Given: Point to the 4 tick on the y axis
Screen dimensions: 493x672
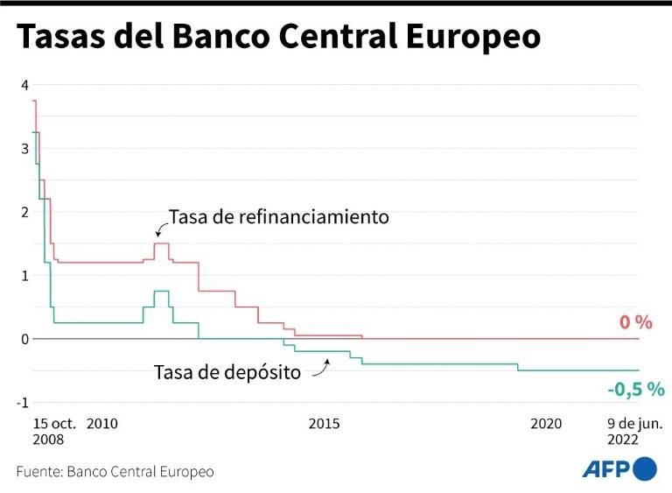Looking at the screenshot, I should coord(25,85).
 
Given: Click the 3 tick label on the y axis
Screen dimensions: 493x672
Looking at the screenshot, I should coord(25,149).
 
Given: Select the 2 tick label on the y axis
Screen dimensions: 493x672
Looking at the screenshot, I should coord(25,212).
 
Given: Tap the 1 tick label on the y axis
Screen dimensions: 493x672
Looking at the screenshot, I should coord(25,276).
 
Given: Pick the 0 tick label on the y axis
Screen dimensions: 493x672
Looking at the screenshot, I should coord(25,339).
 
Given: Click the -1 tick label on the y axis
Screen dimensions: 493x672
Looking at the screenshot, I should coord(23,403).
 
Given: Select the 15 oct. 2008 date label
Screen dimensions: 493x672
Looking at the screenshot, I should coord(55,431).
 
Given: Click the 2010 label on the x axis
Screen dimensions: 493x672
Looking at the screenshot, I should coord(102,424).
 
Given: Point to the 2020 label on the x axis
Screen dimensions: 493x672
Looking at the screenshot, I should coord(546,424).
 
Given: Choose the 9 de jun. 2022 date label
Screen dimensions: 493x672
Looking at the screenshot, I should coord(635,431).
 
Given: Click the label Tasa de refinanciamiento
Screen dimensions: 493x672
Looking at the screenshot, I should coord(278,217).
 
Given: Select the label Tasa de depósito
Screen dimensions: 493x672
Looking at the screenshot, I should coord(227,372).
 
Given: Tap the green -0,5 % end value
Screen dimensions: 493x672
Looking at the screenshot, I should coord(635,389).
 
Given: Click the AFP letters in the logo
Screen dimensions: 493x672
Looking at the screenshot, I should coord(607,470).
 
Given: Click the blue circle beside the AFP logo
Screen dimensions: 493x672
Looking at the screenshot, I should coord(646,468).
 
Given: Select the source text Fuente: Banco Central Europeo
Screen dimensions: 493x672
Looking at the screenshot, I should coord(115,472).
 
